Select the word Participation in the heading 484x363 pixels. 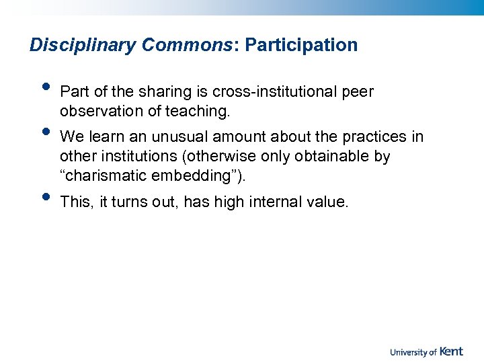click(x=301, y=45)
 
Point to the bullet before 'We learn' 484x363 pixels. click(x=45, y=131)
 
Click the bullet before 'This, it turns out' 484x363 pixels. click(x=45, y=196)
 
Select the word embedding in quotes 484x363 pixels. click(x=192, y=175)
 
